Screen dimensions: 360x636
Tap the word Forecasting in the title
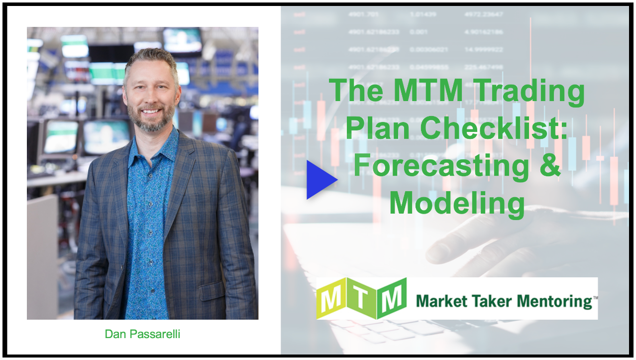coord(441,166)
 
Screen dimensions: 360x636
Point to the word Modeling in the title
coord(457,203)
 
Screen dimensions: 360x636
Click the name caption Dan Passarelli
coord(142,334)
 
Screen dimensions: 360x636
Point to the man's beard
coord(150,120)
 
